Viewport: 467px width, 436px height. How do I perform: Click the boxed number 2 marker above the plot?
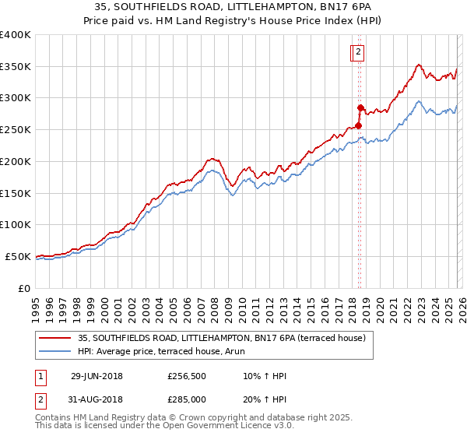(358, 52)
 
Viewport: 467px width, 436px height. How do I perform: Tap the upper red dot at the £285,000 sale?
(360, 107)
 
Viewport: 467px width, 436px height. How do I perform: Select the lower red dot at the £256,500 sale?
(358, 125)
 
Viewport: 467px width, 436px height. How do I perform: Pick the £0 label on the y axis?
(25, 288)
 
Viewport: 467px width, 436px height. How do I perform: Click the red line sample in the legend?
(56, 338)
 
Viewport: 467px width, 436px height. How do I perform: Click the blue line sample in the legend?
(56, 352)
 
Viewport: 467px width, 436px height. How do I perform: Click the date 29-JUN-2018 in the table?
(97, 376)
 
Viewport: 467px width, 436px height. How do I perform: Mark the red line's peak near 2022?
(419, 65)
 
